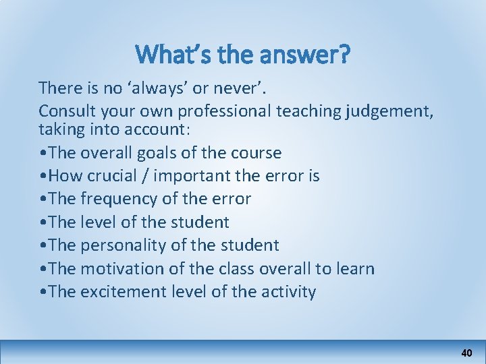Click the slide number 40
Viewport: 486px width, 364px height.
(466, 353)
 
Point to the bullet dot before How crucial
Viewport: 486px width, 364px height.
(43, 177)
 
